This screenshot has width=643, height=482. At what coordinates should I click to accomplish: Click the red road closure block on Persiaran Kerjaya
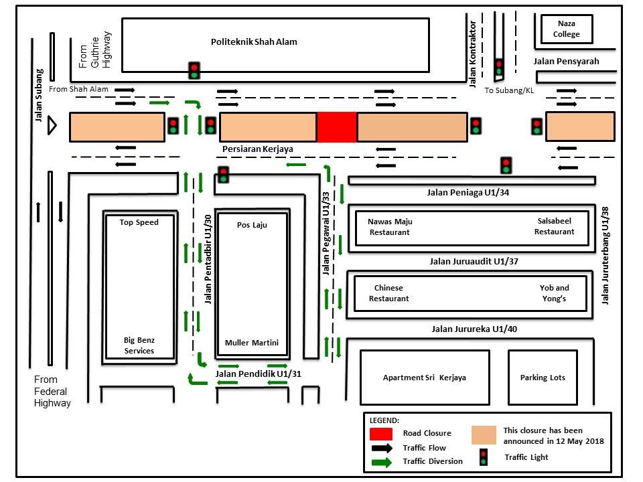tap(336, 127)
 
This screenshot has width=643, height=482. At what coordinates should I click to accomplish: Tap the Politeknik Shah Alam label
tap(254, 42)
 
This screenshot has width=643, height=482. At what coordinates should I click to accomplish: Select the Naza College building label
tap(566, 29)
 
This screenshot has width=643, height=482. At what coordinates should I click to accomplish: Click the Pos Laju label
tap(252, 225)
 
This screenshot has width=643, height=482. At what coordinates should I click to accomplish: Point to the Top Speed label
tap(139, 222)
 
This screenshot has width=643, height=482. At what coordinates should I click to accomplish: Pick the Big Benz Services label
tap(139, 345)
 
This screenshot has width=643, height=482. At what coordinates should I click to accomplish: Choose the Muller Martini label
tap(252, 343)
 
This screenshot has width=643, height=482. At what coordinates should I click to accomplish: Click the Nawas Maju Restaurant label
tap(389, 226)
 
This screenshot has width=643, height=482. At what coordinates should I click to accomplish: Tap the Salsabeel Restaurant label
tap(554, 226)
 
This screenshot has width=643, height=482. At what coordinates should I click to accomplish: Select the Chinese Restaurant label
tap(388, 293)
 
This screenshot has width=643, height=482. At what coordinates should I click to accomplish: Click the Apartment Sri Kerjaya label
tap(424, 378)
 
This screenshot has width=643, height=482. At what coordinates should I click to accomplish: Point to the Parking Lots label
tap(543, 378)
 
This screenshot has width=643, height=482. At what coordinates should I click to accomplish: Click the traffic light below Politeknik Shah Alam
tap(194, 70)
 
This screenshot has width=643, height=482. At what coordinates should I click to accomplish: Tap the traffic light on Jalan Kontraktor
tap(498, 67)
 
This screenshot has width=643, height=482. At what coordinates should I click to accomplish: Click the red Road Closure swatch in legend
tap(380, 433)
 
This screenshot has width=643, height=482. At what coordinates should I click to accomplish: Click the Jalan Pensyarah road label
tap(566, 62)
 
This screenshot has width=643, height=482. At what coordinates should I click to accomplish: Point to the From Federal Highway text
tap(52, 392)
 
